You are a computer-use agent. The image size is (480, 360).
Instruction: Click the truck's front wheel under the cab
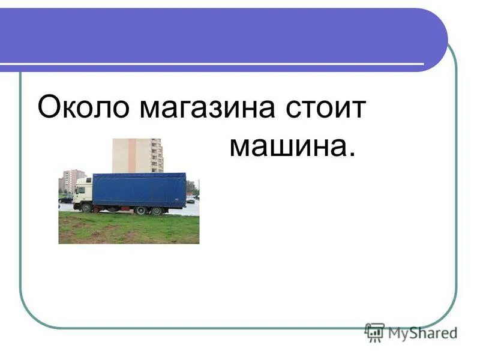(x=86, y=208)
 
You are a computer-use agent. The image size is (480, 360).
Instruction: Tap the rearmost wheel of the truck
(x=156, y=211)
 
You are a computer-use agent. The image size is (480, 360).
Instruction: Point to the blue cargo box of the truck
(x=139, y=190)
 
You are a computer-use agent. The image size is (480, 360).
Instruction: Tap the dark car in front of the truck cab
(x=65, y=200)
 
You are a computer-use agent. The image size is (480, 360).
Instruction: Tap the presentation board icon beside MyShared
(x=375, y=332)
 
